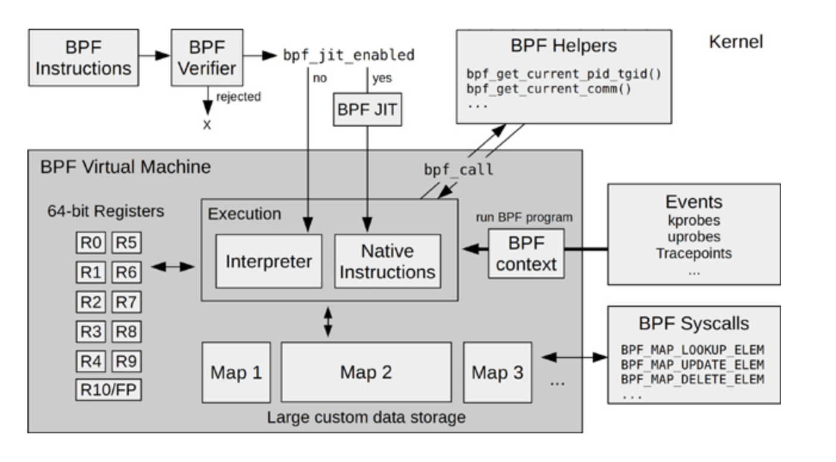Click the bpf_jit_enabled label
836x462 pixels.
click(349, 56)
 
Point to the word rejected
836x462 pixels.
click(238, 97)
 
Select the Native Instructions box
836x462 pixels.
click(388, 261)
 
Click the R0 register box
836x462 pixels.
click(91, 243)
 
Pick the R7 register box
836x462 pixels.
click(126, 302)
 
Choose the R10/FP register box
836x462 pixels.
click(109, 390)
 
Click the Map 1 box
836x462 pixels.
click(236, 372)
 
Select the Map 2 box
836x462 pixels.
click(366, 372)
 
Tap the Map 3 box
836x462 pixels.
click(497, 372)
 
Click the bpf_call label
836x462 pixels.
click(459, 170)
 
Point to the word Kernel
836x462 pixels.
click(736, 42)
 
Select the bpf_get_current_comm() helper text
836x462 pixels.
click(549, 90)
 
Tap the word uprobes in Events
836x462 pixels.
click(693, 236)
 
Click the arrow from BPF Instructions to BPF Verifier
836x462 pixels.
click(156, 56)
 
